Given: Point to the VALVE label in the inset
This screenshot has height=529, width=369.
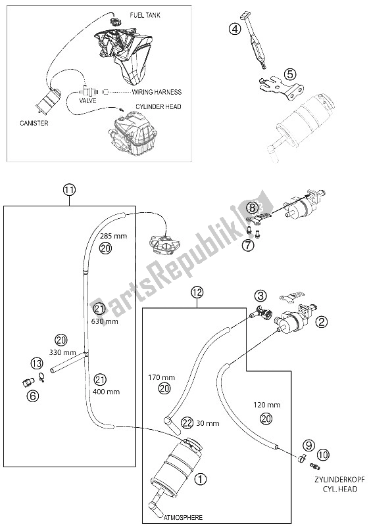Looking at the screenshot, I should point(87,101).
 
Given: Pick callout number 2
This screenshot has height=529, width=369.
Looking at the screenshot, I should point(322,321).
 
